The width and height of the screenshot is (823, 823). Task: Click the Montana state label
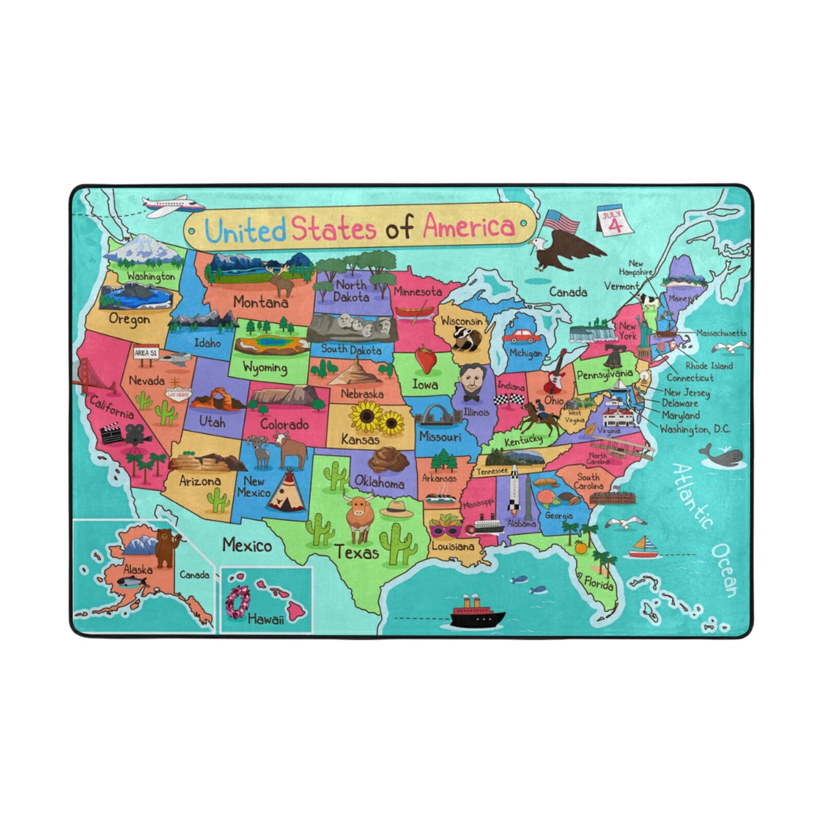point(260,302)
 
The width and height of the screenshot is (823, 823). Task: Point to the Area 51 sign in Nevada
point(146,353)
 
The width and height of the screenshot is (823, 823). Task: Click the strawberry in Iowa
point(426,360)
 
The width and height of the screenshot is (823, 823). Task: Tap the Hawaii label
point(265,619)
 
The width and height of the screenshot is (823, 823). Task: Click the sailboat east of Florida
point(642,548)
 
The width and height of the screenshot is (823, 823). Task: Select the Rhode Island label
point(709,366)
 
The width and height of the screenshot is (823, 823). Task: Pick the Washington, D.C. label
point(694,428)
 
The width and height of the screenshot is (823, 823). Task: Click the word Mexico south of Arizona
point(247,545)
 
